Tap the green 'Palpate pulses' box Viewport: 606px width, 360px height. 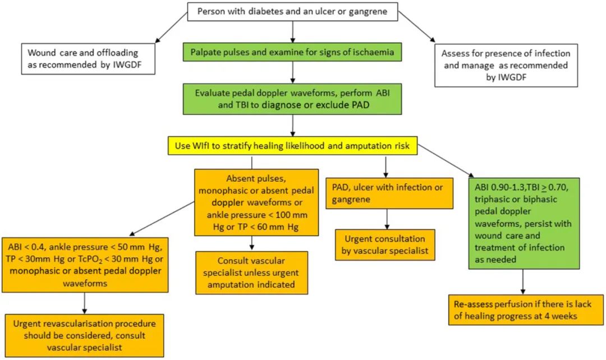292,53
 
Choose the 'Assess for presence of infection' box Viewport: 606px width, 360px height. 505,66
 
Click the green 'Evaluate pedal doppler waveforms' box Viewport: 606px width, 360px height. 292,99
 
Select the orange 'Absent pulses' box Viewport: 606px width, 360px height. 256,202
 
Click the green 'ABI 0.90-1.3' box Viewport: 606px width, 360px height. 523,223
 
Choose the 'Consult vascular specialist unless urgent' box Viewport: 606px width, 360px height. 251,273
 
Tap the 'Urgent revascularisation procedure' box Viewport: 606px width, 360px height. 84,335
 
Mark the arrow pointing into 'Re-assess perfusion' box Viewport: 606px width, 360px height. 523,280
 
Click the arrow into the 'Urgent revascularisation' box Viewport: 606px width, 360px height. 84,303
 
